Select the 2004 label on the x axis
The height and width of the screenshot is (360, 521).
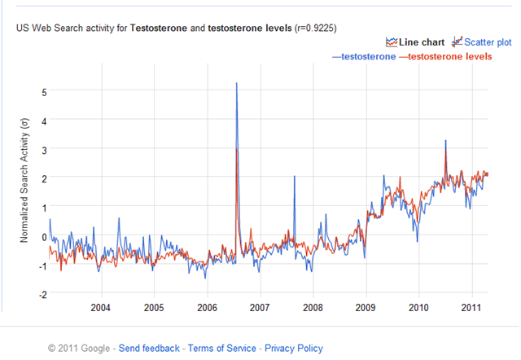(101, 308)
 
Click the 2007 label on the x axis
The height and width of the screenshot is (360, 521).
(260, 308)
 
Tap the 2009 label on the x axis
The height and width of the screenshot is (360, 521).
(366, 308)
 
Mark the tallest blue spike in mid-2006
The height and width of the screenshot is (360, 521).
(236, 83)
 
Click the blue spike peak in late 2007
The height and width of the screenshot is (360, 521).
(294, 177)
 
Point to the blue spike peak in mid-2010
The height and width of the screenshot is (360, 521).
(445, 141)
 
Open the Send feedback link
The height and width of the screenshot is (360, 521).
(149, 349)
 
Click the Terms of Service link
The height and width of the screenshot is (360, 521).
(222, 349)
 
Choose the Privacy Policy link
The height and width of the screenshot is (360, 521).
(293, 349)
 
